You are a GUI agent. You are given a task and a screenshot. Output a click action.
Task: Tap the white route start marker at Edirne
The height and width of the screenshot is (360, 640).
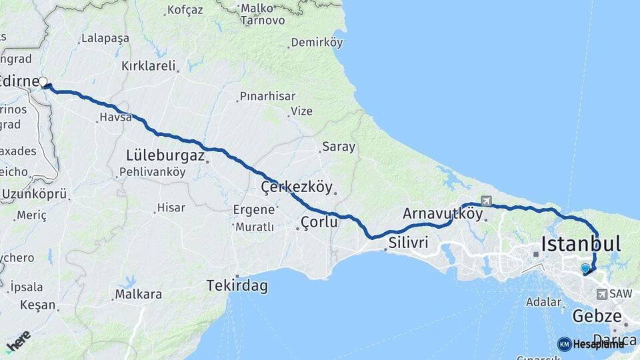[43, 82]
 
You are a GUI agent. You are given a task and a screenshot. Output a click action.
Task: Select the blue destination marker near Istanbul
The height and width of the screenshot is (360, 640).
[585, 268]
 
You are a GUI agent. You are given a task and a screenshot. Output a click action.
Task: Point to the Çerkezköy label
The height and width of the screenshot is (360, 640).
[296, 187]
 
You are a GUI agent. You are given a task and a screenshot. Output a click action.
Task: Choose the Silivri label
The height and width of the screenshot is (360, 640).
[408, 242]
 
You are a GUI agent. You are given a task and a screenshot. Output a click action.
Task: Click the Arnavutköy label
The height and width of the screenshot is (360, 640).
[442, 213]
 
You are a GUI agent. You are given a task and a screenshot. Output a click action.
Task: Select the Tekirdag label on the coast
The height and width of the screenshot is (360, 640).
[237, 285]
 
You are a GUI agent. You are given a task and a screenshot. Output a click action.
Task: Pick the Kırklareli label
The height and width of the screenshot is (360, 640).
[148, 66]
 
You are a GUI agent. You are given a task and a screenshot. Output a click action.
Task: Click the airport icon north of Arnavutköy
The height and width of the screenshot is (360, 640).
[485, 201]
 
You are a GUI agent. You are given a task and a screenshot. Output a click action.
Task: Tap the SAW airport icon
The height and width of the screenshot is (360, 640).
[603, 294]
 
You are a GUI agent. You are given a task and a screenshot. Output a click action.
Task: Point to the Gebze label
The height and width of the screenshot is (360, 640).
[597, 315]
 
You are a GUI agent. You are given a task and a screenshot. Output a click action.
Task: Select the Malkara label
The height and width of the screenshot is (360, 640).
[138, 293]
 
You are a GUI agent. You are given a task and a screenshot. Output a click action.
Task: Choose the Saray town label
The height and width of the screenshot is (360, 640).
[339, 147]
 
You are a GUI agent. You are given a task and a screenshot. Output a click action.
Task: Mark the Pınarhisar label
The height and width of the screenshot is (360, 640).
[267, 96]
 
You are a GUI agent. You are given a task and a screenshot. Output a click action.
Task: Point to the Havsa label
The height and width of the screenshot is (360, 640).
[111, 117]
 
